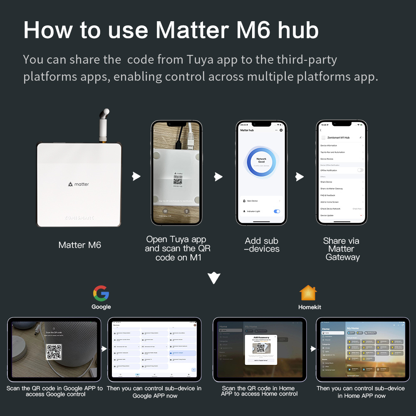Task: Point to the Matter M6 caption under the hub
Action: pyautogui.click(x=79, y=245)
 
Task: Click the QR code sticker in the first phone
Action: pyautogui.click(x=178, y=179)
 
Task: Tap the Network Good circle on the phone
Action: pyautogui.click(x=261, y=161)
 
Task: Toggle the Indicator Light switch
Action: pyautogui.click(x=277, y=211)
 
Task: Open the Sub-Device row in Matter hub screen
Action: pyautogui.click(x=261, y=201)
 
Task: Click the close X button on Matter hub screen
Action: pyautogui.click(x=281, y=130)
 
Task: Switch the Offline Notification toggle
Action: pyautogui.click(x=360, y=170)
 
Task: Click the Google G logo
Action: pyautogui.click(x=101, y=293)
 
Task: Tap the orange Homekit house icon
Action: pyautogui.click(x=308, y=293)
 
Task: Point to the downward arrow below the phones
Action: pyautogui.click(x=214, y=278)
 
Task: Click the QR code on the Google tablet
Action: pyautogui.click(x=54, y=352)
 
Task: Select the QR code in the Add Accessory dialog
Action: pyautogui.click(x=261, y=347)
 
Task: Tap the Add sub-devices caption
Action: pyautogui.click(x=262, y=245)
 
